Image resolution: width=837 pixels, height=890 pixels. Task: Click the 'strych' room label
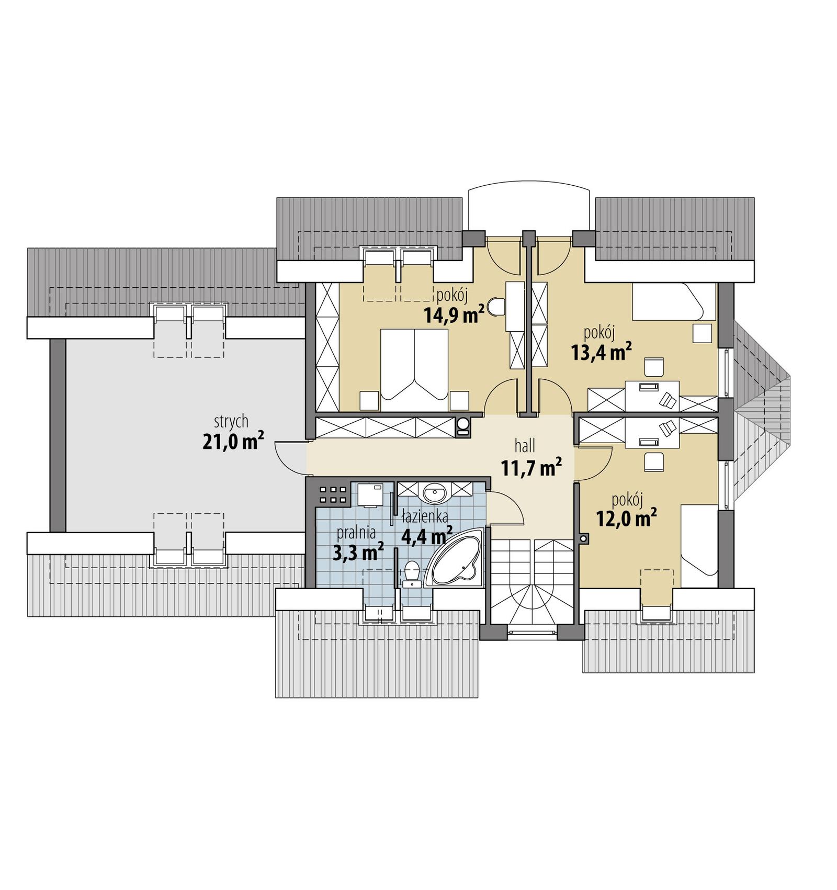(231, 422)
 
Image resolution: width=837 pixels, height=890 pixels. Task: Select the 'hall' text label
(525, 446)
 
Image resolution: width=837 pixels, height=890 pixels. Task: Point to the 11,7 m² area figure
(531, 467)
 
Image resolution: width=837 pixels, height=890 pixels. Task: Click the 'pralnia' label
(356, 533)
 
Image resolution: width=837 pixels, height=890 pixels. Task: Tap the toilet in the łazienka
(412, 573)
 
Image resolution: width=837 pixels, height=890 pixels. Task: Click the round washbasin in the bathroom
(434, 492)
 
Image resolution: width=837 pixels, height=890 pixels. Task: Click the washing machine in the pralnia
(370, 494)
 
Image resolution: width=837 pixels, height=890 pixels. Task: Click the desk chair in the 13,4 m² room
(654, 367)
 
